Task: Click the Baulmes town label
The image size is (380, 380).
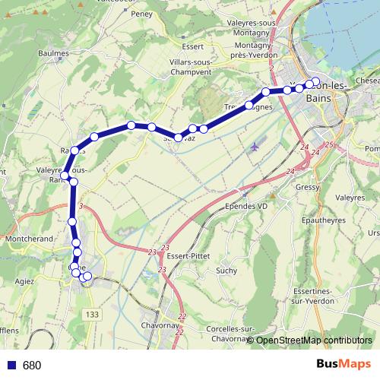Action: point(52,54)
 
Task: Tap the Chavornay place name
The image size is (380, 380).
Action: point(160,326)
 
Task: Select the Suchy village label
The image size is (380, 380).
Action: point(226,270)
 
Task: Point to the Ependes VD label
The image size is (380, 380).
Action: point(247,207)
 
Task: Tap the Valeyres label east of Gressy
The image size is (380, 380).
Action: point(350,198)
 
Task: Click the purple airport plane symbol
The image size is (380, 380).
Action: point(254,146)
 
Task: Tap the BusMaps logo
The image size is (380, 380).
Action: point(347,365)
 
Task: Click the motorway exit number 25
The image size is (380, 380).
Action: point(328,144)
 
